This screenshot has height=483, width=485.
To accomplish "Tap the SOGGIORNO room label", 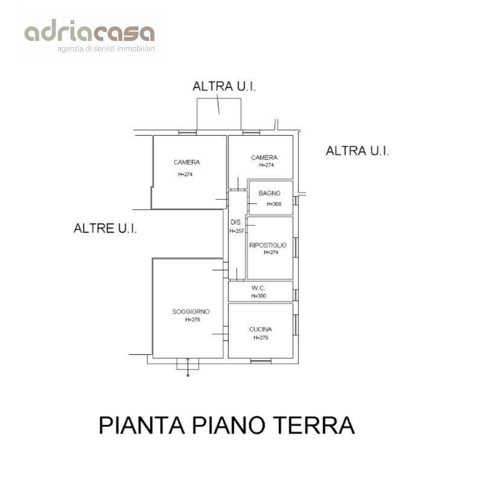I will tap(190, 312).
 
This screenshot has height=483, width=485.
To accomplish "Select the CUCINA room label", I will tap(260, 329).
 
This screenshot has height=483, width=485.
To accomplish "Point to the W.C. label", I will tap(258, 288).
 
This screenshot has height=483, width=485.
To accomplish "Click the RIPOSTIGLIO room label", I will tap(268, 245).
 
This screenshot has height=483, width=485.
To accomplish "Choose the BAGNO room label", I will tap(269, 193).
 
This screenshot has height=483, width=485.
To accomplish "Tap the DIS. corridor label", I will tap(236, 222).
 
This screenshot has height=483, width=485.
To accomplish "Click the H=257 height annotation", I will tap(236, 231).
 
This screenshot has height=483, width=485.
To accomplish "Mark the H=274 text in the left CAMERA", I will tap(185, 174).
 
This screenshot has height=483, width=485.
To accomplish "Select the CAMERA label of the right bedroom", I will tap(264, 158).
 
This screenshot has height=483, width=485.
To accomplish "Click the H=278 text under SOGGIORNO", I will tap(191, 319).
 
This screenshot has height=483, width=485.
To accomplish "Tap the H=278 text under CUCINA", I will tap(261, 337).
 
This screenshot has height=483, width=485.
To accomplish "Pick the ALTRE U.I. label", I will tap(105, 228).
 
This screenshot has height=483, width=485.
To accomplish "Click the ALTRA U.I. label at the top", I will tap(224, 86).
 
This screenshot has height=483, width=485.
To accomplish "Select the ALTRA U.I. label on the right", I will tap(357, 151).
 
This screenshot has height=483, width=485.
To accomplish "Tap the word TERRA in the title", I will tap(320, 425).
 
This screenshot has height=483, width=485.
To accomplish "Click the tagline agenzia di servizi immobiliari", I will tap(106, 48).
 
